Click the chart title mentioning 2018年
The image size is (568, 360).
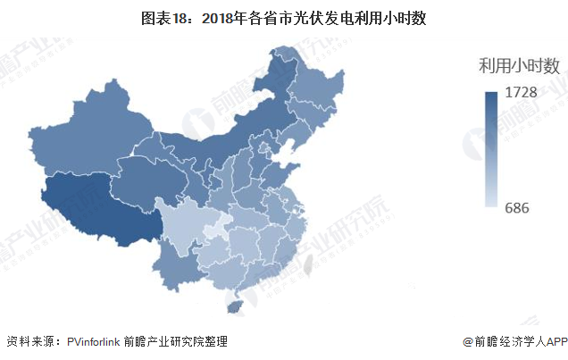[283, 15]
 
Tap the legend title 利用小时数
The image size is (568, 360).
[519, 65]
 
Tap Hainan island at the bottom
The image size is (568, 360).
[235, 306]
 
